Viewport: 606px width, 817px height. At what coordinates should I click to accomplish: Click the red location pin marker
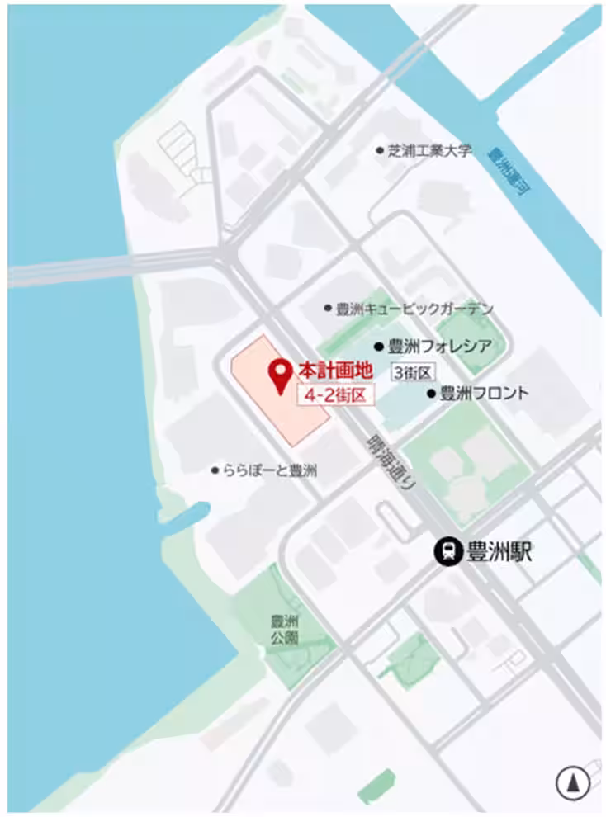(x=281, y=376)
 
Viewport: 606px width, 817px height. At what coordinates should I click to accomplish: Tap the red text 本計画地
(x=329, y=370)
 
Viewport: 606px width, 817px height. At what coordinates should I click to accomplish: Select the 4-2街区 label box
(x=335, y=395)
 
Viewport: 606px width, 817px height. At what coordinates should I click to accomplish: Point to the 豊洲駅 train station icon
(x=448, y=551)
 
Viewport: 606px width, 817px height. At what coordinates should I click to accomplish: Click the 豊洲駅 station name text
(x=499, y=551)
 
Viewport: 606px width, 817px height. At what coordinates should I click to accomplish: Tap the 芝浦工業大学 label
(x=430, y=151)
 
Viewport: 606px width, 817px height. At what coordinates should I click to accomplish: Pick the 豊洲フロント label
(x=483, y=394)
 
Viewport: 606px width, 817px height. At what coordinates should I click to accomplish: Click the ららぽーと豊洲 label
(x=269, y=470)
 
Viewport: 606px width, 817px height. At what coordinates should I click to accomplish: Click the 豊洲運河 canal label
(x=509, y=172)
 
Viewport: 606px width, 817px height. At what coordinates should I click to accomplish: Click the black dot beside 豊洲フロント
(x=431, y=394)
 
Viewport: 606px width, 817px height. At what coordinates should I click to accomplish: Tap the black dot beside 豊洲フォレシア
(x=379, y=347)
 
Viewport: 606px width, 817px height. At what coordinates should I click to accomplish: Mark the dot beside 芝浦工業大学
(x=380, y=151)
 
